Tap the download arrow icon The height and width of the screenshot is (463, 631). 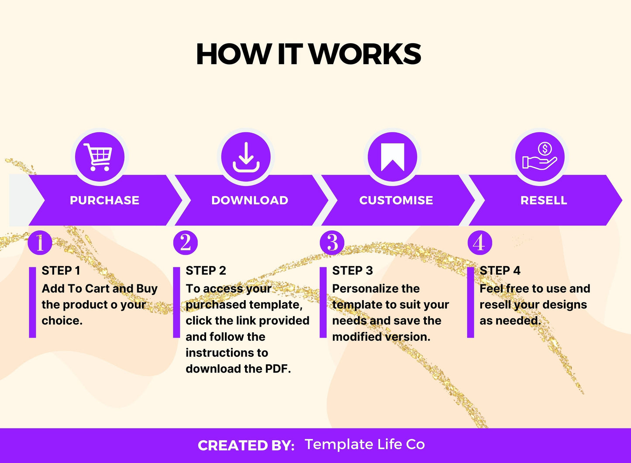246,157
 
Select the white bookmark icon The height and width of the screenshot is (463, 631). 393,157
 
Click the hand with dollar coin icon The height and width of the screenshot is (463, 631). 540,157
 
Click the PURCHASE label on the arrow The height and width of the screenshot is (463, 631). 104,200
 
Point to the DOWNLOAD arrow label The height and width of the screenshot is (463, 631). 250,200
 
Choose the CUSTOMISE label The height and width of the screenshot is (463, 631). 396,200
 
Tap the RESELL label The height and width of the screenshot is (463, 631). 544,200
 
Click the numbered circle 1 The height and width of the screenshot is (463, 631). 40,243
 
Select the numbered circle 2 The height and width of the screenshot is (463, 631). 186,243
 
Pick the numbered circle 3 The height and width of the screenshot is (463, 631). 332,243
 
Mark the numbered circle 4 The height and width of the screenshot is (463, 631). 479,243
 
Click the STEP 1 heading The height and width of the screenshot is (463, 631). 61,271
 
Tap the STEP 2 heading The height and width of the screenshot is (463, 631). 206,271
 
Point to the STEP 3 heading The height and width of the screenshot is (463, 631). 352,271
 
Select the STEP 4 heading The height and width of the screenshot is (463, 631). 500,271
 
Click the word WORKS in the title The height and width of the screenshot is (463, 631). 365,55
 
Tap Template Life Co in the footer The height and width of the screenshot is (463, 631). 365,444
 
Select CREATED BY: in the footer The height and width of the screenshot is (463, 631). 246,446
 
